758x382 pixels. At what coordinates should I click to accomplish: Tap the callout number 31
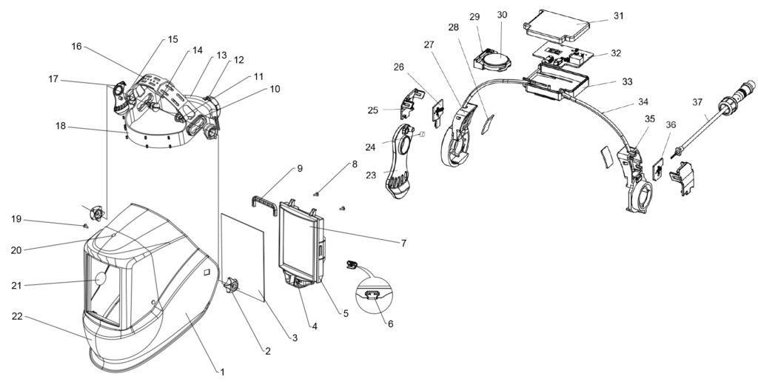point(619,16)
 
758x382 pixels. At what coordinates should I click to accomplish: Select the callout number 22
point(17,316)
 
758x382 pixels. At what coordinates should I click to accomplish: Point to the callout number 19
point(16,219)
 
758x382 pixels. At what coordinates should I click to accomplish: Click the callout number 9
point(300,168)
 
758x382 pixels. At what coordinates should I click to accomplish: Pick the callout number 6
point(390,324)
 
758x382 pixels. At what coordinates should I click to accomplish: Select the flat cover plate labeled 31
point(561,26)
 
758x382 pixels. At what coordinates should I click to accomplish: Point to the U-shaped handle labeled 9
point(264,200)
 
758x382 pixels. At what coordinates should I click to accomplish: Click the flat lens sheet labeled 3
point(243,257)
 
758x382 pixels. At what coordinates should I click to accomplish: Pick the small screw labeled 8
point(317,194)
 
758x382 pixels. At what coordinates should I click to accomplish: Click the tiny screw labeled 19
point(85,225)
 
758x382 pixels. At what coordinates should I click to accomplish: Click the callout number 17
point(53,78)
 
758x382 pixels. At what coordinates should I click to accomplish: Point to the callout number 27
point(429,44)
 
